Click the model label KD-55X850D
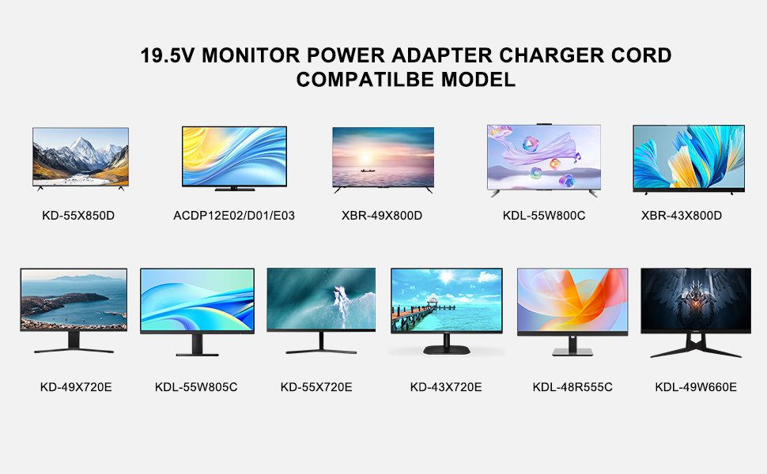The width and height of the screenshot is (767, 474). [x=78, y=216]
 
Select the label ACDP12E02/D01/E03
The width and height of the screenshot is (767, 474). [x=234, y=216]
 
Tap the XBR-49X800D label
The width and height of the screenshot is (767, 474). [x=382, y=216]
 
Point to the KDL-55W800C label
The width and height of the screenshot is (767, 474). [x=544, y=216]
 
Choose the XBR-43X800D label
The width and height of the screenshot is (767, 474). [x=682, y=216]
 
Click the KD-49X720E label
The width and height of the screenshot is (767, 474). [x=76, y=387]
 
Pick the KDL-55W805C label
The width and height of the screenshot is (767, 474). [x=196, y=387]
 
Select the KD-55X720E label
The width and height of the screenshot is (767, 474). [x=316, y=387]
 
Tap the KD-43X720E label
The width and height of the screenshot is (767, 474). [x=446, y=387]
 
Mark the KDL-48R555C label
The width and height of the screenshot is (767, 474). [x=572, y=387]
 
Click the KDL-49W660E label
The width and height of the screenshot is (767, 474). [x=696, y=387]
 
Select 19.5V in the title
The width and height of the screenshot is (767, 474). [x=168, y=56]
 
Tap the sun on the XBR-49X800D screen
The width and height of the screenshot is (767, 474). [x=365, y=158]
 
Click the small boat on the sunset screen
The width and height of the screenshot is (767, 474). [x=368, y=171]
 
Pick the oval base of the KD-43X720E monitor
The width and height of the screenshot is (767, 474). [x=447, y=350]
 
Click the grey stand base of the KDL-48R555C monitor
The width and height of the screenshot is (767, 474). [x=572, y=352]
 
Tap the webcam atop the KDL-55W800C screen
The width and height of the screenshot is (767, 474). [x=544, y=124]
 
